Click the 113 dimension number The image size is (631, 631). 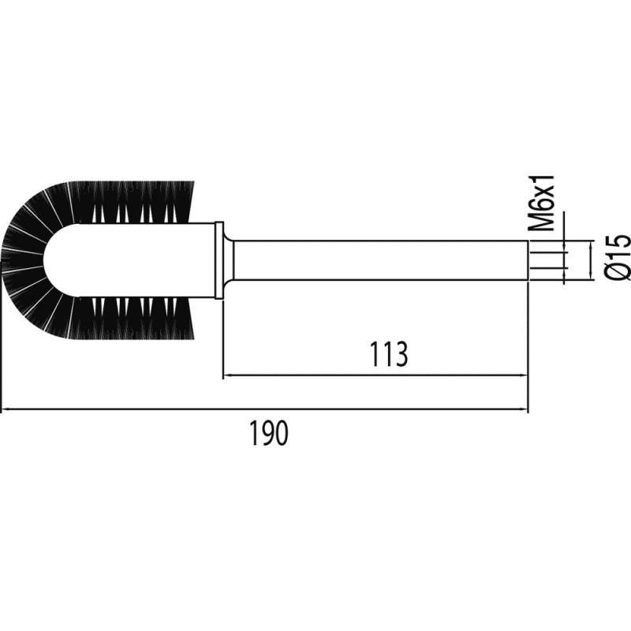pos(388,354)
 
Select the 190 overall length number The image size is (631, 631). pos(269,433)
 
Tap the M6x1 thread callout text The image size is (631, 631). pos(541,203)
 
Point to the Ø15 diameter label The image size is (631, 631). pos(618,256)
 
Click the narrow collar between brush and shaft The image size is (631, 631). pos(219,260)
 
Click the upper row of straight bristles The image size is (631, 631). pos(133,202)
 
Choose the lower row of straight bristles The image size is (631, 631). pos(133,318)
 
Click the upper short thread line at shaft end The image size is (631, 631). pos(547,252)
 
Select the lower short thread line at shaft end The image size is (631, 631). pos(547,267)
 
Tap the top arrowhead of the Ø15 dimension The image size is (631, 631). pos(591,245)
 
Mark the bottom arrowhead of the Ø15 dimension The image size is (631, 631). pos(591,276)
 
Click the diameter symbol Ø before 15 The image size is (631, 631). pos(618,270)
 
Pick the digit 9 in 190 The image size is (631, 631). pos(269,433)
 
